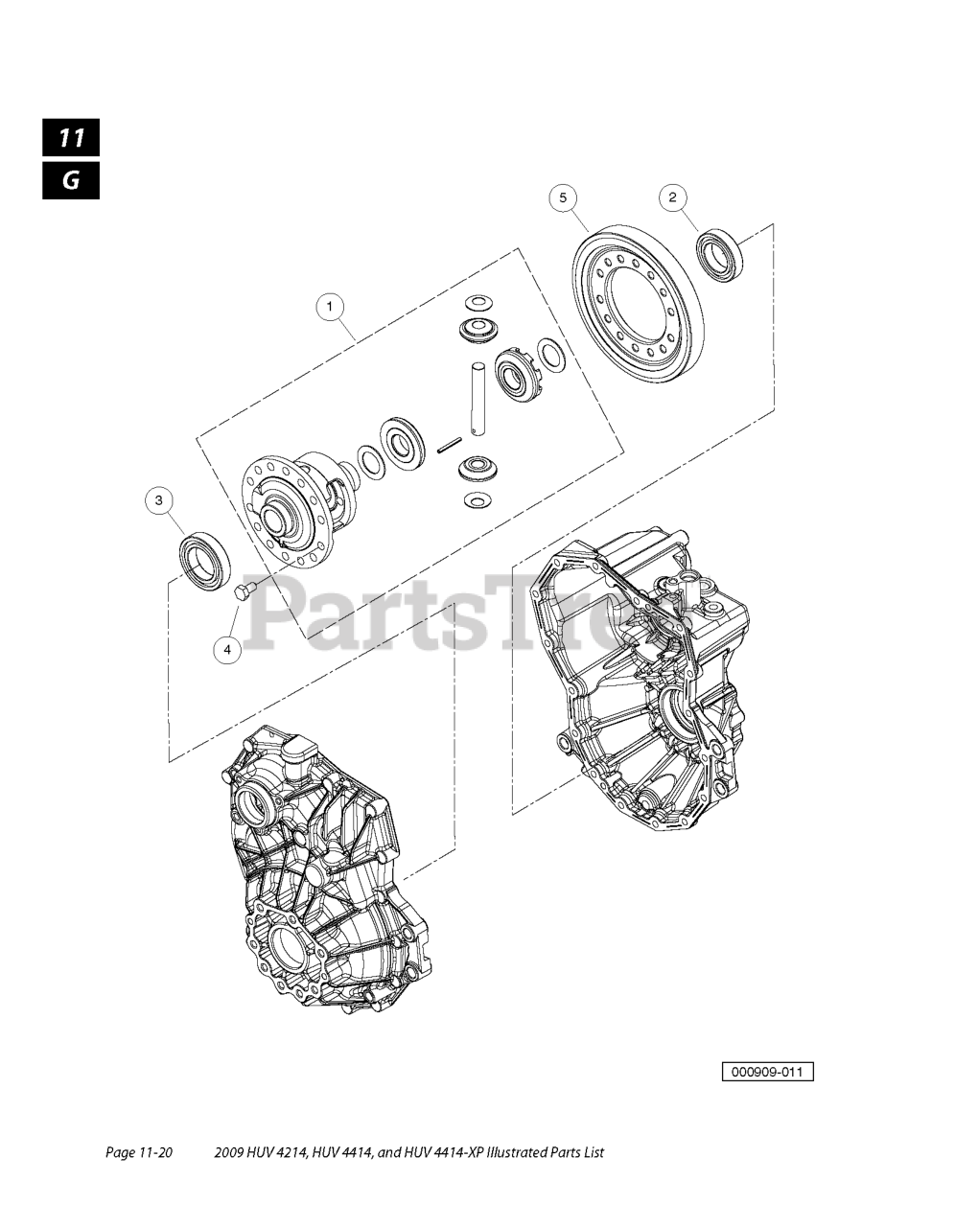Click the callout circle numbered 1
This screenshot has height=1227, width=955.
click(x=329, y=307)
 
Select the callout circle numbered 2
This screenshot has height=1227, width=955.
click(x=672, y=197)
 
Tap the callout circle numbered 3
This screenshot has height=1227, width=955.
click(x=159, y=500)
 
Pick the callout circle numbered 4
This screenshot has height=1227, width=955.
click(x=227, y=650)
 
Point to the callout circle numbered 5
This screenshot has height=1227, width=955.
click(x=563, y=197)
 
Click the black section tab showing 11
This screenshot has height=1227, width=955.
click(x=71, y=137)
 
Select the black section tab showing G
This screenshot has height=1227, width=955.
click(x=71, y=180)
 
